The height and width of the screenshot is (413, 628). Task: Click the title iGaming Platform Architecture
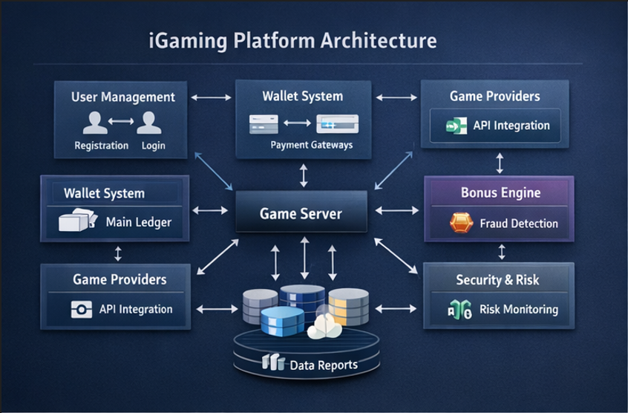[292, 40]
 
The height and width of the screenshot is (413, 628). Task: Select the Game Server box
[301, 214]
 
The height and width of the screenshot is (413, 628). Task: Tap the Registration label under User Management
[102, 146]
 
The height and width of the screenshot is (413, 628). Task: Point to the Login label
[153, 146]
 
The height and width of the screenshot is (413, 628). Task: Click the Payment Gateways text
[311, 145]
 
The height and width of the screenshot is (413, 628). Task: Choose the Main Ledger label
[139, 221]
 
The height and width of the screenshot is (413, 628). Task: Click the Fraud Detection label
[519, 223]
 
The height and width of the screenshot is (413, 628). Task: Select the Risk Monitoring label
[518, 309]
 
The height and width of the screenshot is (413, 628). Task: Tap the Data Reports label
[324, 365]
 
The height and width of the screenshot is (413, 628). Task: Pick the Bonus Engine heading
[500, 192]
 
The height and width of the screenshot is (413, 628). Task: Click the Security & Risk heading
[497, 280]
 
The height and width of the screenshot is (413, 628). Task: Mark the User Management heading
[123, 97]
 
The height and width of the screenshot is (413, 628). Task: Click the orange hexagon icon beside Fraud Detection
[461, 223]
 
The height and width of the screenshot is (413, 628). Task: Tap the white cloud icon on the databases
[324, 326]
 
